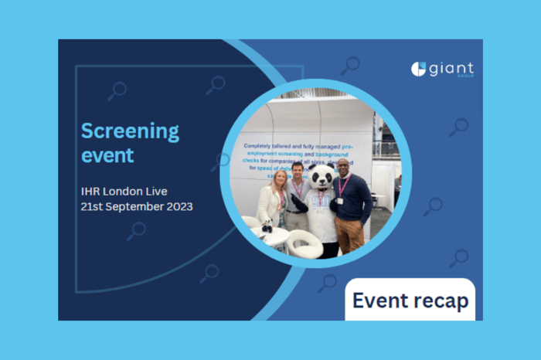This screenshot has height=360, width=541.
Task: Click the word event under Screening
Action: [x=107, y=155]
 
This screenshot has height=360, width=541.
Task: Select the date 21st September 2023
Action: [x=137, y=207]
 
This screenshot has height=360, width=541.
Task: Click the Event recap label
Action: [x=410, y=300]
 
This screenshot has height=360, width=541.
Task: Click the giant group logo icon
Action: [x=418, y=70]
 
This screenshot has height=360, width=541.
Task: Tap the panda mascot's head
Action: [x=320, y=177]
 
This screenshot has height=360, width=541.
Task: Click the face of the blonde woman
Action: [x=277, y=178]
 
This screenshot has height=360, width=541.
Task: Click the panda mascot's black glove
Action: [x=299, y=203]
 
